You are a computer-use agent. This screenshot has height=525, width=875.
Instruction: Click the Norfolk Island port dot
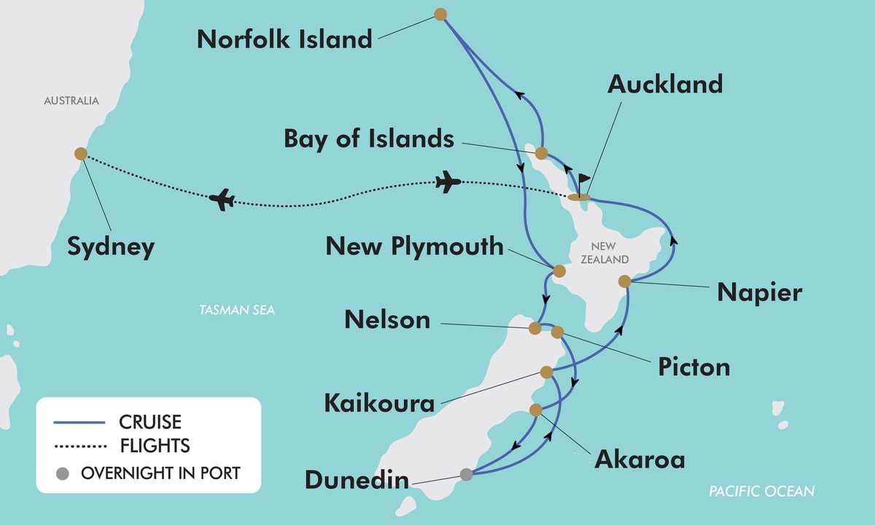pos(440,14)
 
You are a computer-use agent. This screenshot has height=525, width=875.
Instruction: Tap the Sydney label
pos(111,246)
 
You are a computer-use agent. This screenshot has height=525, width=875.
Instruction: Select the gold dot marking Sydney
pos(81,154)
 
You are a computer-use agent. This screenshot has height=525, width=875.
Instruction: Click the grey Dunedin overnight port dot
pos(467,474)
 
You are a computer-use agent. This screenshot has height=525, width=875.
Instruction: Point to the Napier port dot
pos(624,281)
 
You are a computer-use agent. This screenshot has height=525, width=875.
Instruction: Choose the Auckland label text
pos(665,85)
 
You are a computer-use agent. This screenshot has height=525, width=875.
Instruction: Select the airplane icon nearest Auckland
pos(448,182)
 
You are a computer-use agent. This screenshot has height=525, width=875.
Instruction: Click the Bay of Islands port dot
pos(541,153)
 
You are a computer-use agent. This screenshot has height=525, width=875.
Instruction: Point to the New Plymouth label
pos(414,246)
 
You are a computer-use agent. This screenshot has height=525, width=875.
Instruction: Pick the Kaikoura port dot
pos(547,373)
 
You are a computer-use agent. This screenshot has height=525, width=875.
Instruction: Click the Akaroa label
pos(639,459)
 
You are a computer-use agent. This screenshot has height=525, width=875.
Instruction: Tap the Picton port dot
pos(558,332)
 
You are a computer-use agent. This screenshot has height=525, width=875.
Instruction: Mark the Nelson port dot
pos(535,328)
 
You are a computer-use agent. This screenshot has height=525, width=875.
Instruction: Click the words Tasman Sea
pos(237,311)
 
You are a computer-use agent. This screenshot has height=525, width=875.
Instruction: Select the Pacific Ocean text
pos(761,491)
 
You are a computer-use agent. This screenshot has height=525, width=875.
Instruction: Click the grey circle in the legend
pos(63,473)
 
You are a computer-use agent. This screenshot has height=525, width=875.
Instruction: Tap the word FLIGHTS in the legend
pos(155,445)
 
